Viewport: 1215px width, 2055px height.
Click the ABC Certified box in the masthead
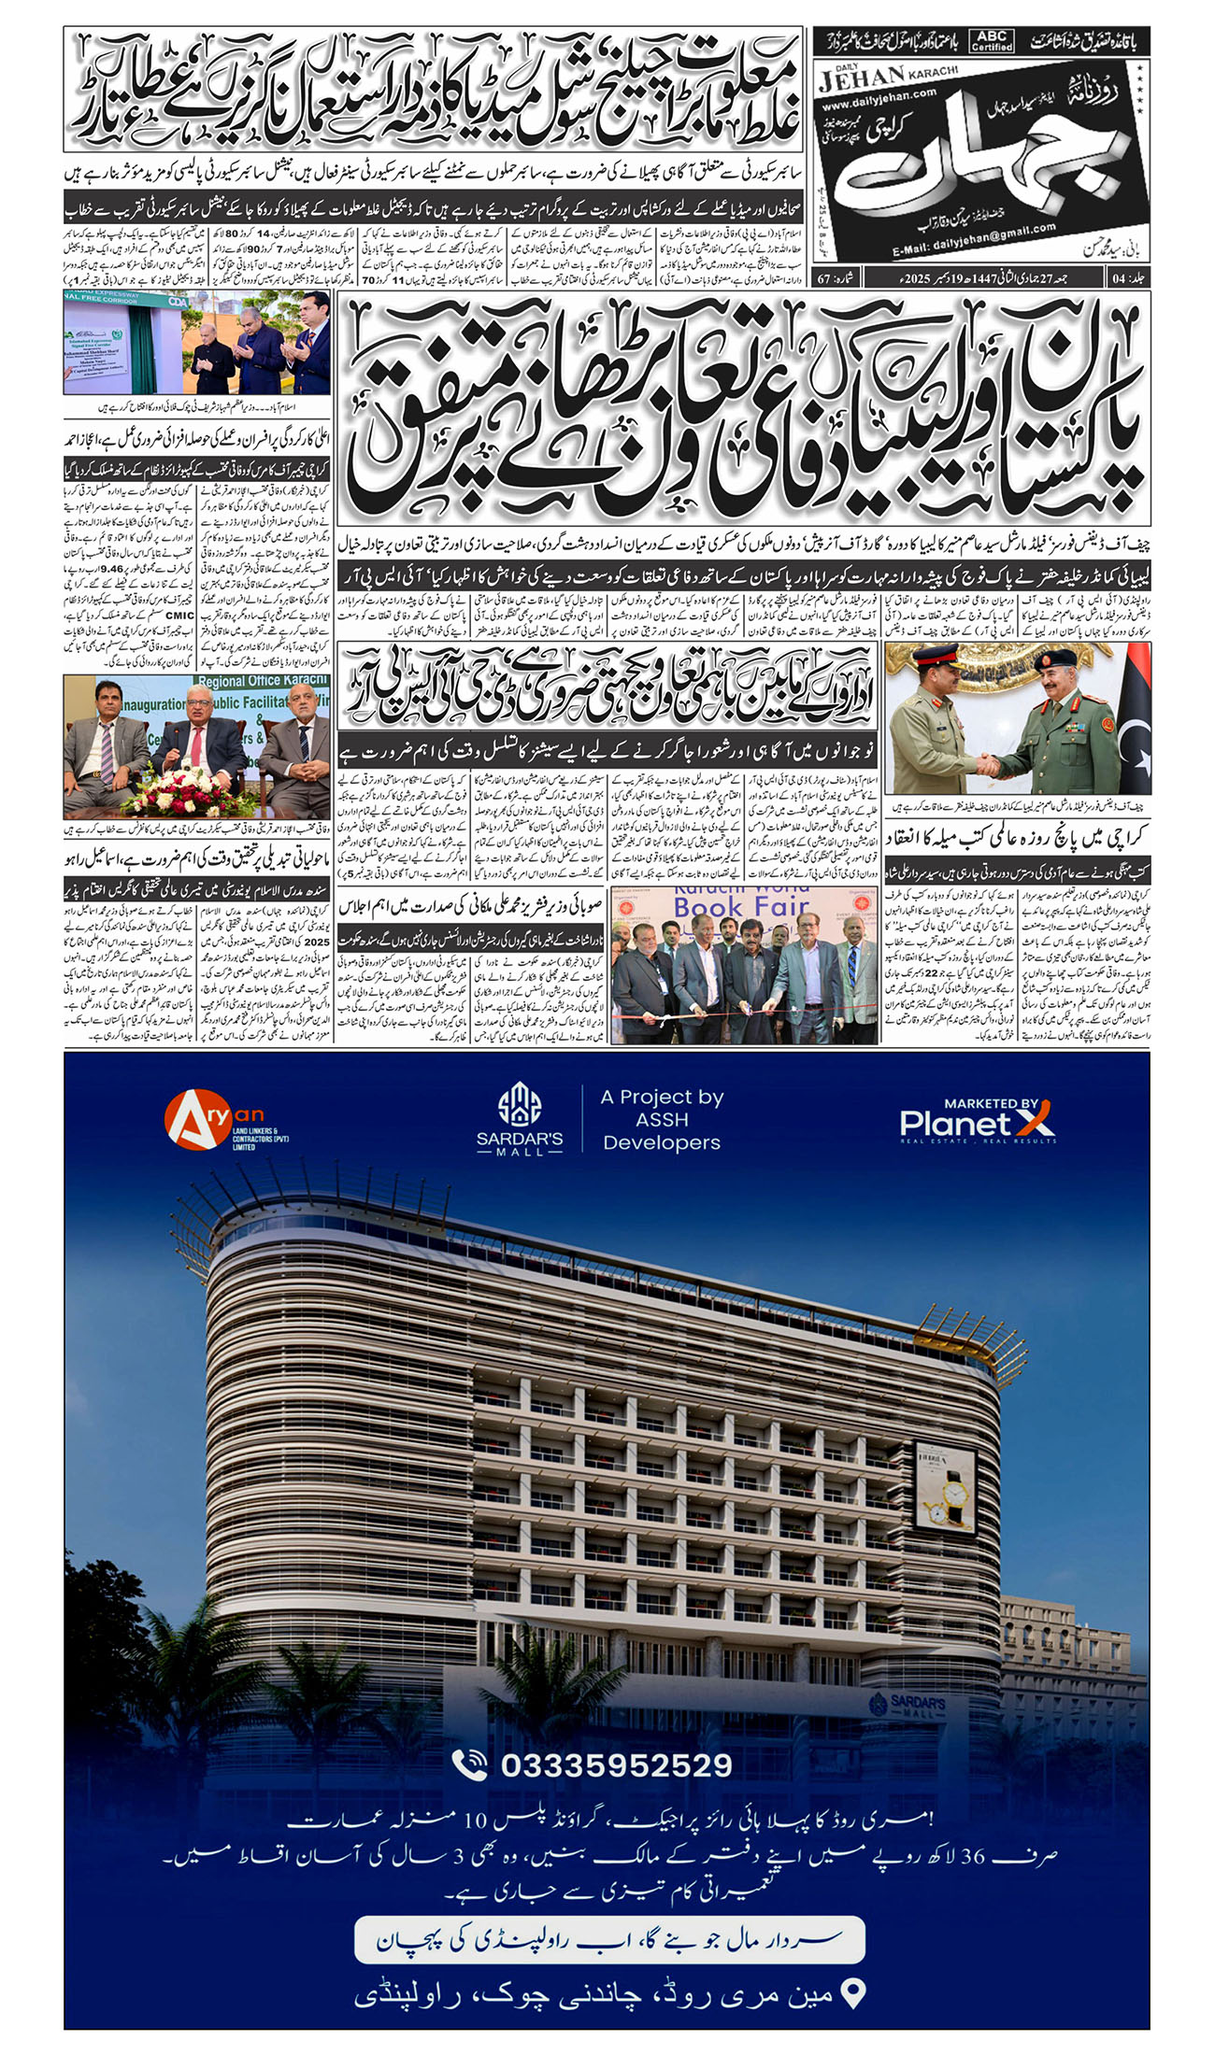[992, 40]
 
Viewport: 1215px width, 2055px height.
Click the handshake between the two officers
[987, 764]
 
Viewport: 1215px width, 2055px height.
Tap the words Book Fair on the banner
[741, 907]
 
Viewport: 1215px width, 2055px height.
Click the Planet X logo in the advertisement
[978, 1122]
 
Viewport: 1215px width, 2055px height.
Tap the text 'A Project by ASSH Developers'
[662, 1119]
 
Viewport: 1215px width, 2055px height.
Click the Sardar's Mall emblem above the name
[520, 1105]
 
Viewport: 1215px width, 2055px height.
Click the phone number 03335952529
[616, 1765]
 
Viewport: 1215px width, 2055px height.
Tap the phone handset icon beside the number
[469, 1764]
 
